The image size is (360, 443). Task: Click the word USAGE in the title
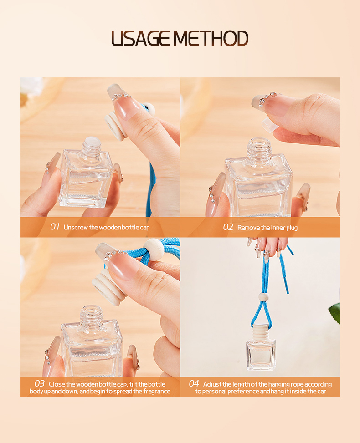click(142, 39)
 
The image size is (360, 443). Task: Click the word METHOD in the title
click(211, 39)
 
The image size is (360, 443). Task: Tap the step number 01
click(55, 227)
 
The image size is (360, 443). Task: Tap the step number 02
click(228, 227)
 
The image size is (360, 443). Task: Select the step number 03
click(40, 384)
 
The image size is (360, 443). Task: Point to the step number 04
click(194, 384)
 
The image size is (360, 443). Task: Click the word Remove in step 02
click(249, 227)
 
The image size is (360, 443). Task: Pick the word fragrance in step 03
click(155, 392)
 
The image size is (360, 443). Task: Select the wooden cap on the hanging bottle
click(262, 331)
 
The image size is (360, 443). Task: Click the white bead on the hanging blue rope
click(263, 297)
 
